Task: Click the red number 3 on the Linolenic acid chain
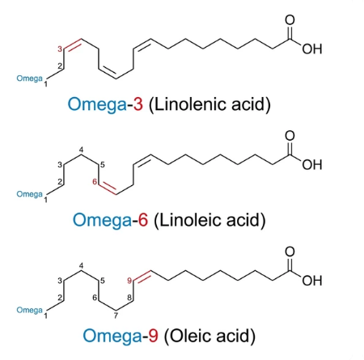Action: tap(60, 49)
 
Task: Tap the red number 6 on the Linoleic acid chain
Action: tap(95, 182)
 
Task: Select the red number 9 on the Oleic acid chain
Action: tap(129, 281)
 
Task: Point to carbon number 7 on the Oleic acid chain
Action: tap(116, 316)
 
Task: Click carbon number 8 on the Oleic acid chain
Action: tap(129, 298)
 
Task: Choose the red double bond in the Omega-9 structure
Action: tap(142, 276)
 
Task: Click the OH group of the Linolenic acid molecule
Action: tap(312, 49)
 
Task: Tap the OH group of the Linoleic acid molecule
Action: tap(312, 165)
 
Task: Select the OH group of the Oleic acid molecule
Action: tap(312, 281)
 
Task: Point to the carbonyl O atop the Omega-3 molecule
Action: tap(290, 20)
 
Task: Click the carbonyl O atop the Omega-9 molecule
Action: tap(290, 252)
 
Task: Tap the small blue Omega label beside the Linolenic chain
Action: tap(29, 78)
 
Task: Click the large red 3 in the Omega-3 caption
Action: tap(138, 104)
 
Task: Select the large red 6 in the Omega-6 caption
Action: tap(143, 220)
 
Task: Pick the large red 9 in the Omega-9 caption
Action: tap(153, 336)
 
